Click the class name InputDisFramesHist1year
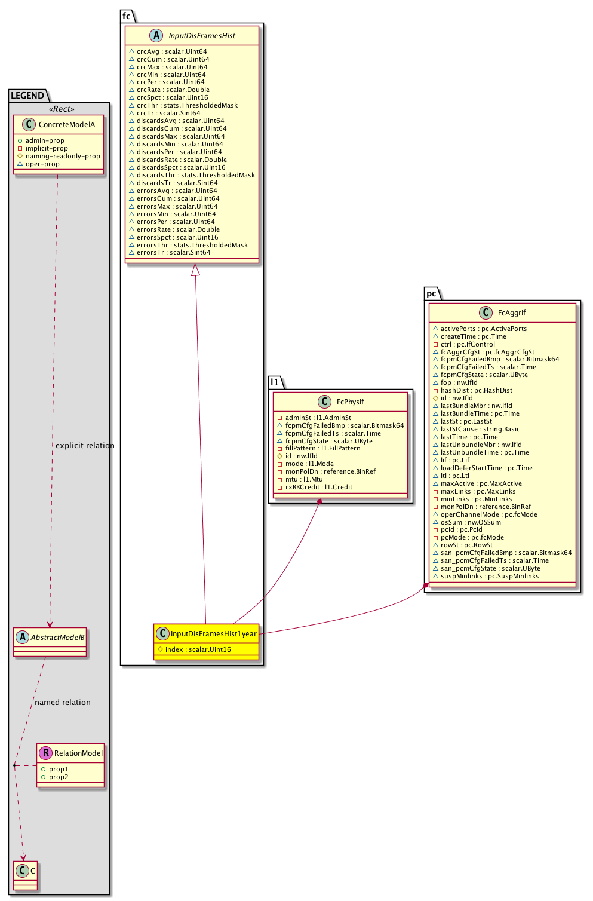coord(213,633)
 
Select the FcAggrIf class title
coord(511,312)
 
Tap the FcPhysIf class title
coord(350,402)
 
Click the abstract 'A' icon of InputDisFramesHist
coord(156,35)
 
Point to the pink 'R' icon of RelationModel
coord(46,753)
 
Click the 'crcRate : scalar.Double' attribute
coord(173,90)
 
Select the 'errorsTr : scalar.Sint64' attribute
coord(173,252)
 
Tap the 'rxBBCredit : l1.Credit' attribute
coord(318,487)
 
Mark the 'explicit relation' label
coord(85,445)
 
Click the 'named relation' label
coord(63,702)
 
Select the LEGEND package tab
coord(27,96)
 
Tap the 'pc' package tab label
coord(431,293)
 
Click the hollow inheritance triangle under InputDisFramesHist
coord(195,270)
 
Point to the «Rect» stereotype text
coord(62,109)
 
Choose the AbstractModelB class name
coord(57,637)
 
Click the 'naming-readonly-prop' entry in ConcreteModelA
coord(63,156)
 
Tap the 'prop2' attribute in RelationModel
coord(59,777)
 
